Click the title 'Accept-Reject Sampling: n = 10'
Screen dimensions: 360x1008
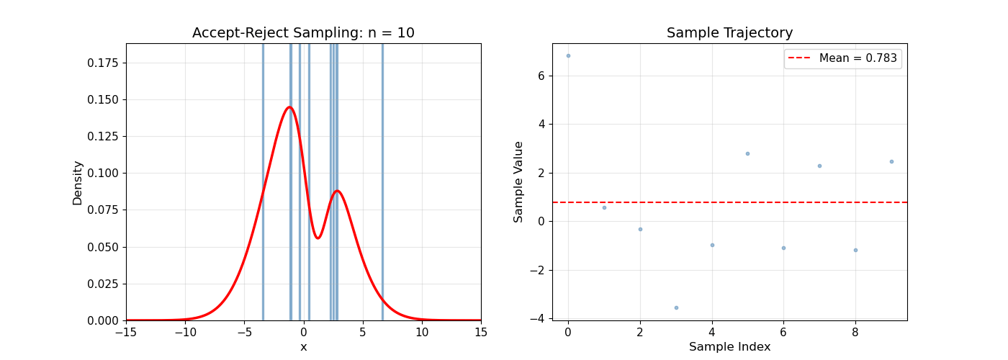[x=303, y=33]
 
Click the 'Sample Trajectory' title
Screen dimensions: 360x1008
[x=729, y=33]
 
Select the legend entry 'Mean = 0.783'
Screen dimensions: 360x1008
[x=858, y=58]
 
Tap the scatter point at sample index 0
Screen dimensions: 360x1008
[x=568, y=55]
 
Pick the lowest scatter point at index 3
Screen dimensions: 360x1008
[x=676, y=307]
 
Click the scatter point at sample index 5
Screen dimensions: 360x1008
[x=747, y=153]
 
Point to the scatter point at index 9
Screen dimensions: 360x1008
[x=891, y=161]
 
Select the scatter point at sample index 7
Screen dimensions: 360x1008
[x=819, y=166]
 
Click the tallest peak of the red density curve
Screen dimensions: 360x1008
[x=289, y=107]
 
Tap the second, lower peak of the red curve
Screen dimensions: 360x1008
[x=336, y=191]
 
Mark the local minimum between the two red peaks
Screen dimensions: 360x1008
[x=318, y=238]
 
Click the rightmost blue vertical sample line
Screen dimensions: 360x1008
[x=382, y=180]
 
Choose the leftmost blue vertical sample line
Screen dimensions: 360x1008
[x=263, y=180]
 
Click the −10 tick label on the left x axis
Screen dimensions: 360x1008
[x=185, y=333]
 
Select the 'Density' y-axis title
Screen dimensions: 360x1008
[x=78, y=182]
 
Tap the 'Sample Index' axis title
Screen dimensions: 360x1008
[x=729, y=347]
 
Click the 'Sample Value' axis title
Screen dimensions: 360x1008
[x=518, y=182]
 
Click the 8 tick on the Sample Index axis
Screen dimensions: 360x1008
[x=855, y=333]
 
